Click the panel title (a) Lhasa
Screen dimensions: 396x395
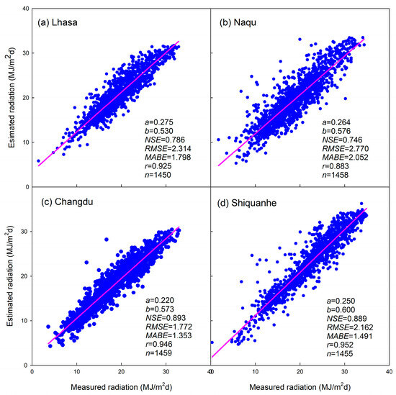[x=58, y=23]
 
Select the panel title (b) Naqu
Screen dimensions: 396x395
[x=238, y=23]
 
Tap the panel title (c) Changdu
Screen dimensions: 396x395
[x=67, y=202]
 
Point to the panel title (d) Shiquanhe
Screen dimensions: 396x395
[x=247, y=203]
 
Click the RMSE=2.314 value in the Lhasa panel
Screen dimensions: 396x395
[x=168, y=149]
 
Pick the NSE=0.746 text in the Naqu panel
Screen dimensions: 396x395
[x=342, y=140]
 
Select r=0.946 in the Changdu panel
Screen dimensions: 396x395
[x=159, y=344]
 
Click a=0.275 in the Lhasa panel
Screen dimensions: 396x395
[x=159, y=122]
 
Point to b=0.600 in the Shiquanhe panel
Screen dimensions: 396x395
[x=341, y=309]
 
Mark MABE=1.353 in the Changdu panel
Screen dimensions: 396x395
[x=168, y=335]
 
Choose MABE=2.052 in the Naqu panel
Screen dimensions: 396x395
[x=345, y=158]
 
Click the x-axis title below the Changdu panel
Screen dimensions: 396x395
[x=121, y=387]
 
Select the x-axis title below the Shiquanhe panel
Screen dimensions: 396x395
[x=300, y=387]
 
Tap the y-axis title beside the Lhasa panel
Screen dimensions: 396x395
[x=11, y=98]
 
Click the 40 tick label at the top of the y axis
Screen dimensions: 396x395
[x=27, y=9]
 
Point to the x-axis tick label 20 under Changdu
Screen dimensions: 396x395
[x=121, y=371]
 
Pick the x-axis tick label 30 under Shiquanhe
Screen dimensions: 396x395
[x=344, y=371]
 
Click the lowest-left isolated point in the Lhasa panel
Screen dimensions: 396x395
[x=38, y=160]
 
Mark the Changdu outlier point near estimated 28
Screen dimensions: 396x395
[x=107, y=240]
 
